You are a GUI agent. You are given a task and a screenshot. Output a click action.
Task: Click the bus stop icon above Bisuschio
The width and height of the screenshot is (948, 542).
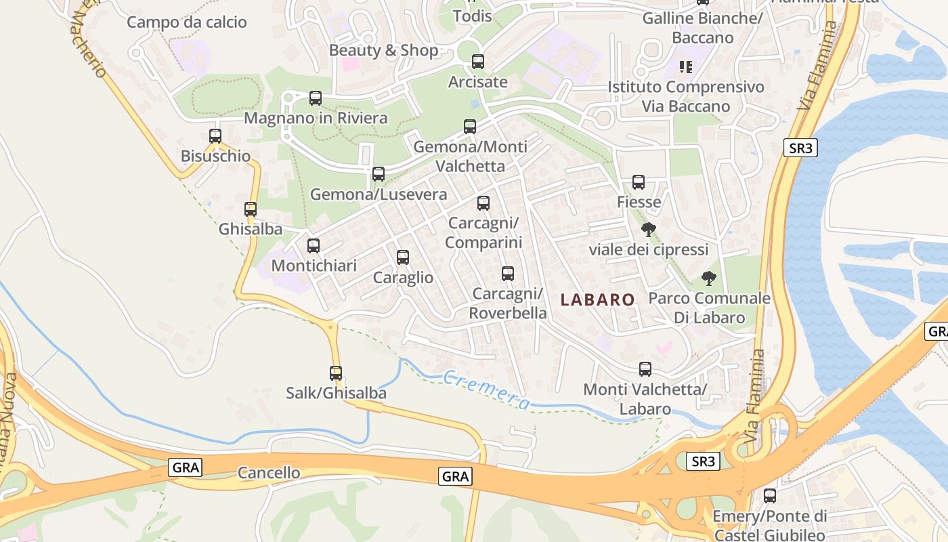(x=215, y=135)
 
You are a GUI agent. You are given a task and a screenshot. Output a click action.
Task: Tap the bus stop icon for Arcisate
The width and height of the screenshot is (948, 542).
(x=478, y=62)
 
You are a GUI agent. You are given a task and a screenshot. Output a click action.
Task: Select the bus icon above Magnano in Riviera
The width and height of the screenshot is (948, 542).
(x=316, y=98)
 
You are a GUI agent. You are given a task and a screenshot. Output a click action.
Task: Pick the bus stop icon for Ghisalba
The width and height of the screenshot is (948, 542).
(x=251, y=209)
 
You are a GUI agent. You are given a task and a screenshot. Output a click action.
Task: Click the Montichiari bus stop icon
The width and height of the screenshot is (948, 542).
(x=314, y=245)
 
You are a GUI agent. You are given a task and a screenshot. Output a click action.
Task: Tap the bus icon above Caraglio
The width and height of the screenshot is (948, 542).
(x=403, y=257)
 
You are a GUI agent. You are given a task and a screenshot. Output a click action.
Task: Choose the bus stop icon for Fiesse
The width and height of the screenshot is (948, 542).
(x=639, y=182)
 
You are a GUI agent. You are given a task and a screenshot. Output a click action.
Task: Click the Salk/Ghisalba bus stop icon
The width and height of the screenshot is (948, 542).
(x=336, y=372)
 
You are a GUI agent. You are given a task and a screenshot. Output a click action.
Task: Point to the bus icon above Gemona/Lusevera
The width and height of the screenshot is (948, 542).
(x=379, y=173)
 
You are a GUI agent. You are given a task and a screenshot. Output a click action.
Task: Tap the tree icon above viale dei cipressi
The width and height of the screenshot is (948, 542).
(x=649, y=229)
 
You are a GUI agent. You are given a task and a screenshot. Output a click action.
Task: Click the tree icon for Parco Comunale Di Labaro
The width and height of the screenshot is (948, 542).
(x=709, y=278)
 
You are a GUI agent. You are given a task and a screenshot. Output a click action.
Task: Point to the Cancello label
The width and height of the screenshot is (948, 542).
(x=269, y=472)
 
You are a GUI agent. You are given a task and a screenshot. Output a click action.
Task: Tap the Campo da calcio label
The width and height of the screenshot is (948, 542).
(x=187, y=22)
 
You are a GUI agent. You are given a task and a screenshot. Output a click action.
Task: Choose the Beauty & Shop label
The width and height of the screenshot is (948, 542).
(x=384, y=50)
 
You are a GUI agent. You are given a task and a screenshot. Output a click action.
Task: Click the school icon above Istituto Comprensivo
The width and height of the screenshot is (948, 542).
(x=686, y=66)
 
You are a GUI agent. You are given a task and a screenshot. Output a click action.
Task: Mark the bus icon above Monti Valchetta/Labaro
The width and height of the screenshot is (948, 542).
(x=645, y=369)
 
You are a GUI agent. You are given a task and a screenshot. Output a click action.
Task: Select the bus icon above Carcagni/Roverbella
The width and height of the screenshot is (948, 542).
(x=508, y=273)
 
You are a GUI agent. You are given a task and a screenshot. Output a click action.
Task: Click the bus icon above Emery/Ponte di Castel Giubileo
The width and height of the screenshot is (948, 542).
(x=770, y=495)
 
